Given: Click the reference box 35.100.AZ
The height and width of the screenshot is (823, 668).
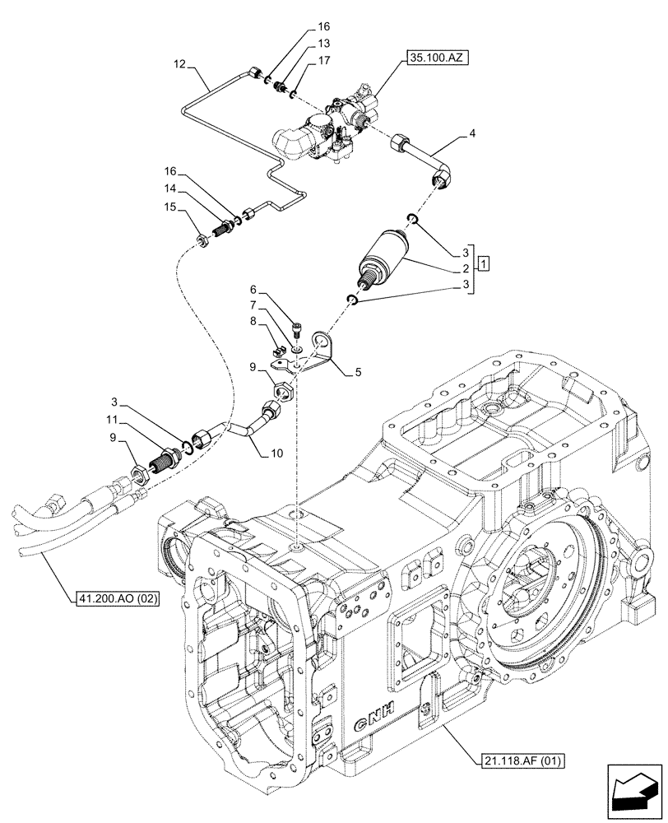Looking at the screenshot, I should point(435,58).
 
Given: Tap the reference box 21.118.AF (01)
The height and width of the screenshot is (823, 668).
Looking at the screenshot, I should point(517,760).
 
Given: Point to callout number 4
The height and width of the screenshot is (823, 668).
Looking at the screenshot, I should point(472,132).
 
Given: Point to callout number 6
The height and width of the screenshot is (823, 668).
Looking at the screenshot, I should point(254,290).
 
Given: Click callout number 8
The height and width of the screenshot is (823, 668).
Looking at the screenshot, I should point(254,321).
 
